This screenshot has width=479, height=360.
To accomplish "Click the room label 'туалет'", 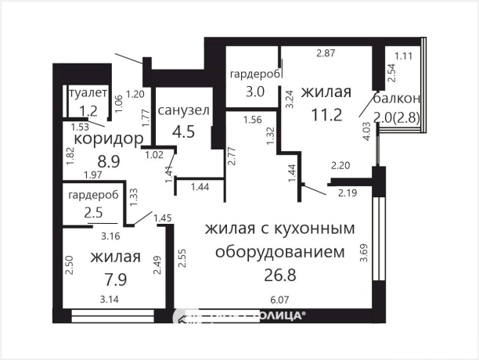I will click(x=88, y=93).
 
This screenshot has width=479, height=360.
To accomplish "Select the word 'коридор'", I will click(x=108, y=139).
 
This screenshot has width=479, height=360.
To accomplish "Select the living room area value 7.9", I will click(x=114, y=279).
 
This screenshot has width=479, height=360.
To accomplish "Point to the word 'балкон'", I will click(x=397, y=99).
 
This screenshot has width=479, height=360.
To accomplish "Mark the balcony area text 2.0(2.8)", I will click(x=397, y=117).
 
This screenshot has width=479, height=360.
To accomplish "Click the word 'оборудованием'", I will click(x=279, y=253).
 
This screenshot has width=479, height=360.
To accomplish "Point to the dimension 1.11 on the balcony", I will click(x=404, y=56).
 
